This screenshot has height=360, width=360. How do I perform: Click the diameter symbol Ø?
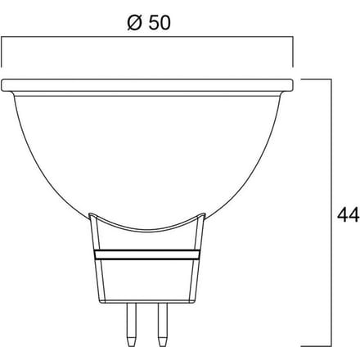(x=135, y=22)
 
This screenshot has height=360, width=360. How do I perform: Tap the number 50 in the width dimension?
(x=160, y=22)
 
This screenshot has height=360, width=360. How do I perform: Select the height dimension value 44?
(x=349, y=215)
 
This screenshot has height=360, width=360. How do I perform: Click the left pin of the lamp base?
(x=132, y=325)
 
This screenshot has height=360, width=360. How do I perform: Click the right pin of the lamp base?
(x=163, y=325)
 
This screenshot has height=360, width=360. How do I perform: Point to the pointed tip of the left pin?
(x=132, y=346)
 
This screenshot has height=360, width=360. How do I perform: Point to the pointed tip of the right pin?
(x=163, y=346)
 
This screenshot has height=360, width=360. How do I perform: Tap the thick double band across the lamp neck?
(x=147, y=254)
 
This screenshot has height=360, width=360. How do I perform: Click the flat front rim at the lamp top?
(x=147, y=85)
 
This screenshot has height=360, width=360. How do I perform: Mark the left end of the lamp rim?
(x=2, y=85)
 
